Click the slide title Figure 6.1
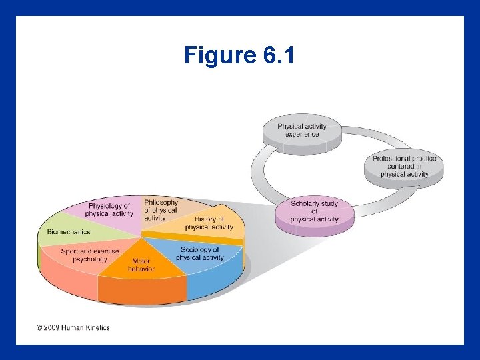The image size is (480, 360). point(239,55)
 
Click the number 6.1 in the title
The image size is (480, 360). point(279,55)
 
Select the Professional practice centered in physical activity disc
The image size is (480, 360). point(404,167)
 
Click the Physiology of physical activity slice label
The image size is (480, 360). point(109,210)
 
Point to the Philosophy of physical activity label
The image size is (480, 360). point(160,209)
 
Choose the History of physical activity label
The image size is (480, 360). point(209,223)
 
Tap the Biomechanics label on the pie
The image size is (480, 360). point(69,233)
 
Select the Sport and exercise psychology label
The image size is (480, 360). point(90,255)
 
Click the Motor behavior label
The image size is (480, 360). point(141,265)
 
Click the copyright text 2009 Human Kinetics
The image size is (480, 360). point(73,327)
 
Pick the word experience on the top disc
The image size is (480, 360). point(302,134)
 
